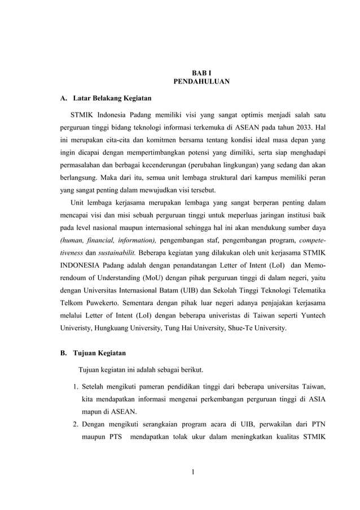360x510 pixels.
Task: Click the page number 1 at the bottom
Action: tap(193, 473)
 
